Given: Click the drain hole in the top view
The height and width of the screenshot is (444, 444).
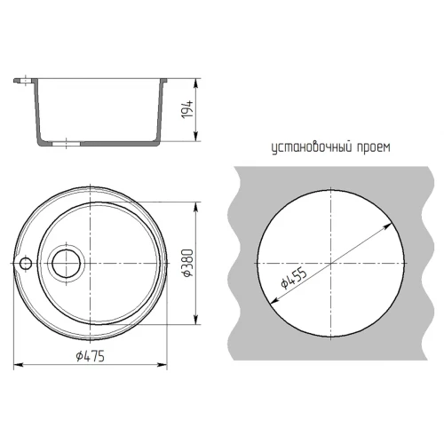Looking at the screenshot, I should [67, 263].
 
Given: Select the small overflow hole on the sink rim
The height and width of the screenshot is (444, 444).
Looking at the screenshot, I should [26, 263].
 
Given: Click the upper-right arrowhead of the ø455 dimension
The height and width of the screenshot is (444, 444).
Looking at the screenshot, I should [391, 226].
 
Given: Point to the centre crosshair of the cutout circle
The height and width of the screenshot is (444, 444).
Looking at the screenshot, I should [329, 264].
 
